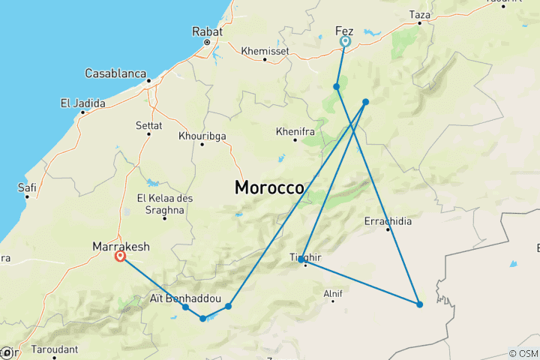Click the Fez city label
[x=344, y=31]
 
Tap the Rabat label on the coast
[x=206, y=32]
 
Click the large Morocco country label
[x=269, y=187]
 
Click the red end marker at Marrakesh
[x=120, y=256]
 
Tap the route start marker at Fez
[x=345, y=42]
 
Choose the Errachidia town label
[x=388, y=221]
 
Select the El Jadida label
[x=82, y=103]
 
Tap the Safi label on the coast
[x=28, y=187]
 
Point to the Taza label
[x=420, y=14]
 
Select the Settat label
[x=148, y=125]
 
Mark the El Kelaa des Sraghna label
[x=160, y=204]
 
